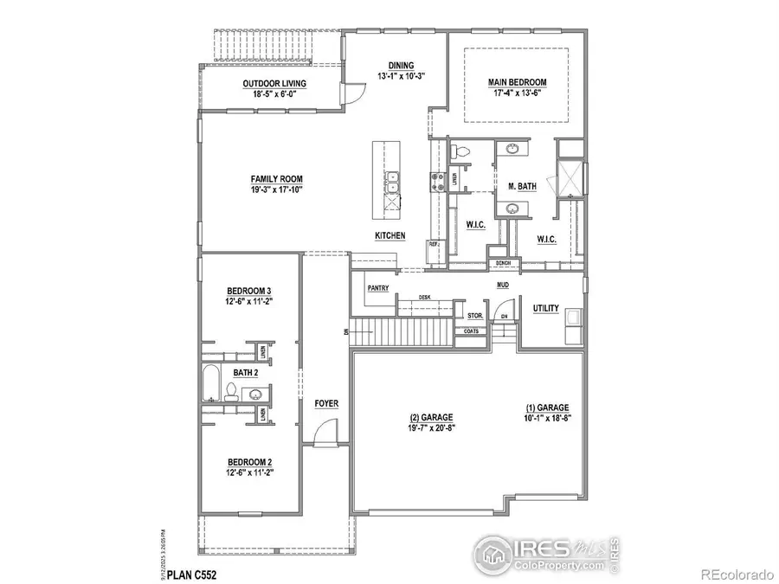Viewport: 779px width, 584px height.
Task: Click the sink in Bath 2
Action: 255,395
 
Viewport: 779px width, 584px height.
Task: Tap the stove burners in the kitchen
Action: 435,182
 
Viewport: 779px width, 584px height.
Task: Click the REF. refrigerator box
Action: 434,246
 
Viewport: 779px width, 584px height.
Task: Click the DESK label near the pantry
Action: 424,297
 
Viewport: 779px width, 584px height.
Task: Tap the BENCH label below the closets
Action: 503,263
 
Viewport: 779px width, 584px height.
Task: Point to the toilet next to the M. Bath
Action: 462,152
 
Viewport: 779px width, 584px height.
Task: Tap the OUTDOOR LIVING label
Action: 274,84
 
